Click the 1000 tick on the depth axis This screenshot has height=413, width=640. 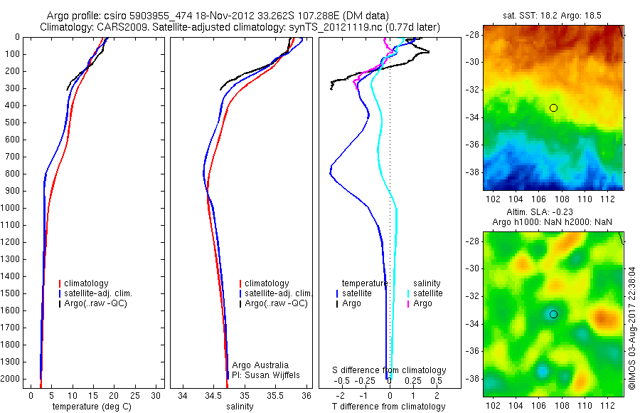[x=11, y=208]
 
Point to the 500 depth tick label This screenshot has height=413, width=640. [x=11, y=122]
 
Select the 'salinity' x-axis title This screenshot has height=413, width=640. [x=238, y=407]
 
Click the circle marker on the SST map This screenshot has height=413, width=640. [x=553, y=108]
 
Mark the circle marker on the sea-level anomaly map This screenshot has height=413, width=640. [x=553, y=314]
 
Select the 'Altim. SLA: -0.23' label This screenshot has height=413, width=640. [x=551, y=212]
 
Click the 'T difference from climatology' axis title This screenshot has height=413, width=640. [x=390, y=407]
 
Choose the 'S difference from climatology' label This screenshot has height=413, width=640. [x=390, y=370]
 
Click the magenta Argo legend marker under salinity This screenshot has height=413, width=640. [x=408, y=304]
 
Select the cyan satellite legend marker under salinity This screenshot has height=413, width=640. [x=408, y=293]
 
